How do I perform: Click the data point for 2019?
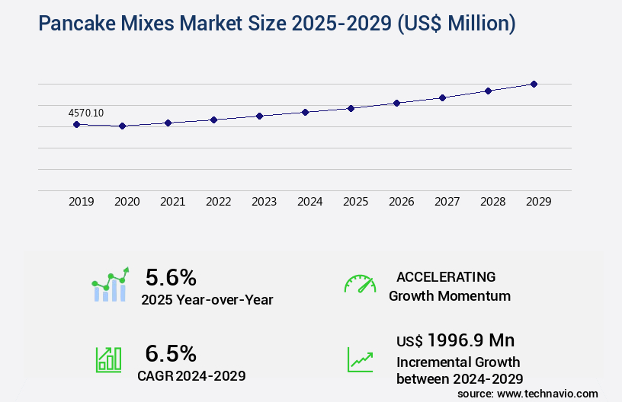tap(76, 124)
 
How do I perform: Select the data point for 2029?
tap(534, 84)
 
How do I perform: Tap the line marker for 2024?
tap(305, 112)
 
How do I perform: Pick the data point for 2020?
tap(122, 126)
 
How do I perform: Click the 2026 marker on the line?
tap(396, 103)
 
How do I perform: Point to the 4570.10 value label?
tap(86, 113)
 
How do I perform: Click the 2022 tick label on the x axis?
tap(218, 202)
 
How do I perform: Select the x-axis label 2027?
tap(447, 202)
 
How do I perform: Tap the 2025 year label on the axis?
tap(355, 202)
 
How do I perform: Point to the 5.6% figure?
tap(171, 276)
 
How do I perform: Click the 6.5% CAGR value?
tap(171, 353)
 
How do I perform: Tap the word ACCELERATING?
tap(446, 276)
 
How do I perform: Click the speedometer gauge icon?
tap(360, 283)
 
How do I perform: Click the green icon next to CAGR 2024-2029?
tap(108, 359)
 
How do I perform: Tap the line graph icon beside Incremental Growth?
tap(360, 359)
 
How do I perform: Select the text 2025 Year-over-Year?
tap(207, 300)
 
